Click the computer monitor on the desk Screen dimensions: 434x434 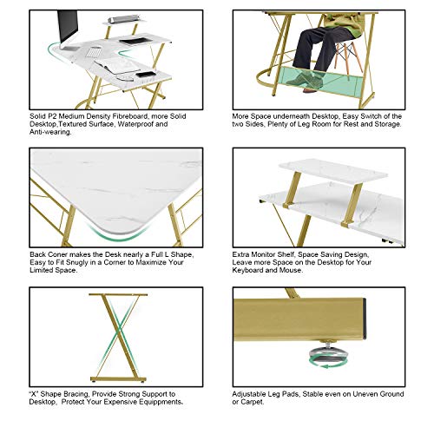coord(67,29)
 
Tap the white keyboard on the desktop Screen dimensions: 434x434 coord(94,52)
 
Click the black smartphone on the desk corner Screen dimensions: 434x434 coord(146,75)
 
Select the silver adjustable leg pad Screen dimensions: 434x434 coord(328,353)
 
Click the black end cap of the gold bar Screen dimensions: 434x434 coord(364,319)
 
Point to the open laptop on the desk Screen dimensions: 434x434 coord(117,67)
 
